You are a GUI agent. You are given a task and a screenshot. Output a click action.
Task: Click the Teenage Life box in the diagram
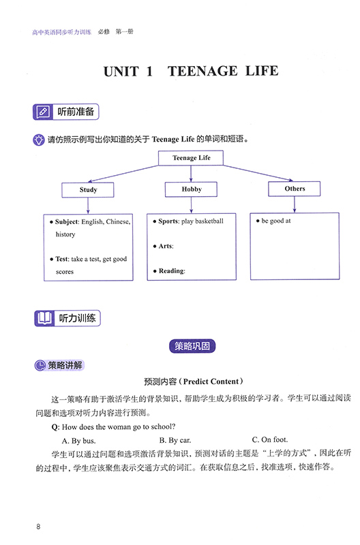click(191, 158)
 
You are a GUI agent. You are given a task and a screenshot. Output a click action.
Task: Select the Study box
click(88, 190)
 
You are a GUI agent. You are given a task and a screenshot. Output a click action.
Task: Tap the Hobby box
click(191, 189)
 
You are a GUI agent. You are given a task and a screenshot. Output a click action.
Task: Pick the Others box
click(295, 189)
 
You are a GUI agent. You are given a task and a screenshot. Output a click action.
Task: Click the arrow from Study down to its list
click(88, 206)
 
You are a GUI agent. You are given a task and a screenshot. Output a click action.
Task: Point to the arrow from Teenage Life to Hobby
click(191, 174)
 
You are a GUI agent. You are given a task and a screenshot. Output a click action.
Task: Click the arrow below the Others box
click(295, 204)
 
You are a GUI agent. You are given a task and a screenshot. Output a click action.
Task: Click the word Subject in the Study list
click(67, 222)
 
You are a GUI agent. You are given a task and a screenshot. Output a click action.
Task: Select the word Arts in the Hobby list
click(166, 246)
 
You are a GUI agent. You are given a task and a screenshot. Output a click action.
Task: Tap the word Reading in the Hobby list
click(172, 270)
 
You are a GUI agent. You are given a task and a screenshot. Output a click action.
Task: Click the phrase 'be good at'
click(276, 221)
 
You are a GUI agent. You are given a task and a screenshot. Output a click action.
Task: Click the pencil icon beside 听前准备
click(43, 112)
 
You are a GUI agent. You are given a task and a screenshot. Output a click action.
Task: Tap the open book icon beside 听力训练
click(44, 318)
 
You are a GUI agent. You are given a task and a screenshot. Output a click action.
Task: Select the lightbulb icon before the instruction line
click(39, 140)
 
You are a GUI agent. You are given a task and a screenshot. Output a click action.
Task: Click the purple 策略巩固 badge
click(192, 346)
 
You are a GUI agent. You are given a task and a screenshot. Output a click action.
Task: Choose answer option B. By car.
click(175, 440)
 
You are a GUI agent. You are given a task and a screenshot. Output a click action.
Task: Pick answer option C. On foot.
click(270, 439)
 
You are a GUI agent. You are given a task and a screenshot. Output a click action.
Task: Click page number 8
click(38, 527)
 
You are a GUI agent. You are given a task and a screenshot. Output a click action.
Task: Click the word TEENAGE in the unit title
click(202, 72)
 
